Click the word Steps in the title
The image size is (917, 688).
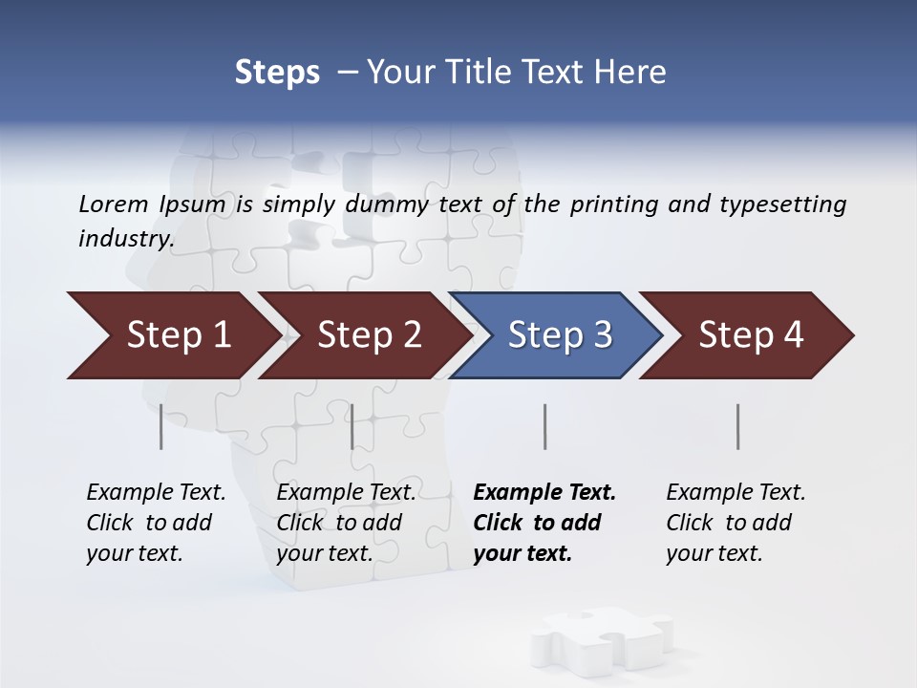(x=277, y=73)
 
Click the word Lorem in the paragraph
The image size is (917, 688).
(x=112, y=204)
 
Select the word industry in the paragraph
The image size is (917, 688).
(x=125, y=239)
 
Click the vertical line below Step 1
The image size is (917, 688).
(x=161, y=426)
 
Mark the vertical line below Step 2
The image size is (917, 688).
(x=352, y=426)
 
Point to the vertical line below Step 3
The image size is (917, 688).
(x=544, y=426)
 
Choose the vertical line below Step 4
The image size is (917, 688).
(x=737, y=426)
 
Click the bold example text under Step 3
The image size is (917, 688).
(x=543, y=523)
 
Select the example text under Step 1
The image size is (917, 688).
(x=155, y=523)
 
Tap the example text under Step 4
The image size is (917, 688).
(x=735, y=523)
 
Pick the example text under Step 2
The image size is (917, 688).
(x=345, y=523)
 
